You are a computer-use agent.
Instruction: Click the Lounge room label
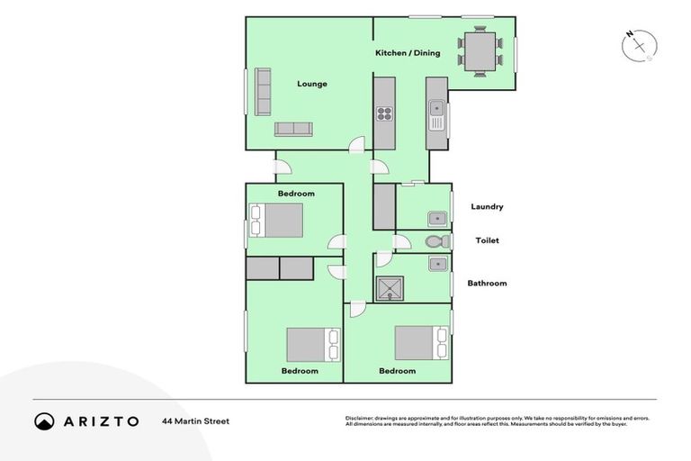click(x=312, y=84)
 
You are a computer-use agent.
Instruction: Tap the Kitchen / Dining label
click(x=408, y=53)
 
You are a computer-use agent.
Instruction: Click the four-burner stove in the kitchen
click(x=384, y=113)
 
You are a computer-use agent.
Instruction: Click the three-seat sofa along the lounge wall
click(x=263, y=91)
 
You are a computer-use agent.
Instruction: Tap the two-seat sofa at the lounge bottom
click(x=292, y=129)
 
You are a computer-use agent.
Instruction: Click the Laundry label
click(x=487, y=206)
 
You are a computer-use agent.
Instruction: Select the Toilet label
click(x=487, y=240)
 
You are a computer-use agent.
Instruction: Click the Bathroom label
click(x=487, y=283)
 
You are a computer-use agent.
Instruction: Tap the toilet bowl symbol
click(x=435, y=241)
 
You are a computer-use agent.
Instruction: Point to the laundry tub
click(x=436, y=218)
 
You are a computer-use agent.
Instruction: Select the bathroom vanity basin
click(x=437, y=264)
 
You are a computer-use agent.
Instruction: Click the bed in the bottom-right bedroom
click(x=420, y=342)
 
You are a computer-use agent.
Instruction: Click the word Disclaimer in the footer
click(x=362, y=418)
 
